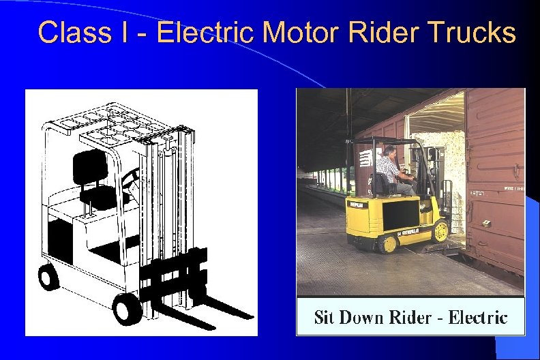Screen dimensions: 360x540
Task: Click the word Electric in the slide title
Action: click(x=209, y=32)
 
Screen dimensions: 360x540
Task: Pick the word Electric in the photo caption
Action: click(x=478, y=317)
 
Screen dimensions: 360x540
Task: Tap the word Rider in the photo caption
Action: click(x=409, y=317)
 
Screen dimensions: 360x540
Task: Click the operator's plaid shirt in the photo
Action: click(x=388, y=165)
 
